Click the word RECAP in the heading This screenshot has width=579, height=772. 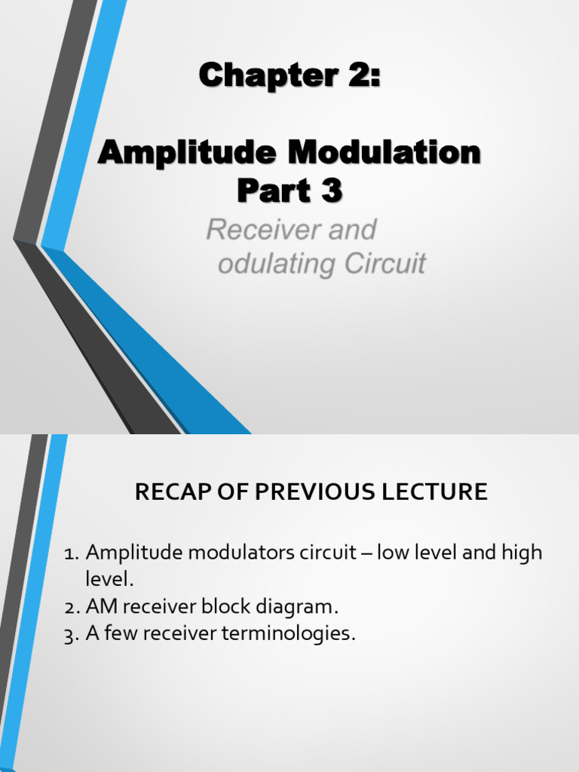click(166, 492)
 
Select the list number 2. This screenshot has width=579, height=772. click(70, 607)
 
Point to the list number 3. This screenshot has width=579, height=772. click(70, 634)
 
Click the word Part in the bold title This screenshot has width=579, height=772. click(268, 191)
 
